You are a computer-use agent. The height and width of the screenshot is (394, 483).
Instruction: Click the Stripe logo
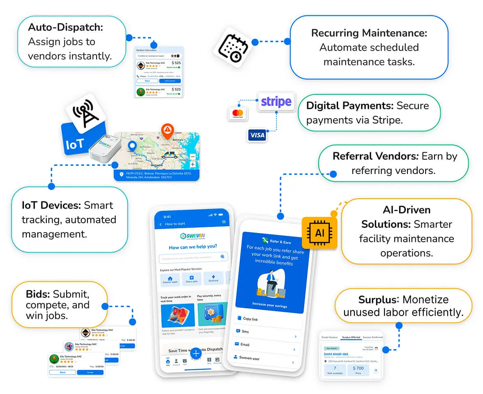click(x=276, y=101)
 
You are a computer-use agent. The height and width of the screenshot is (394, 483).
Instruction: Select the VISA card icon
click(x=257, y=135)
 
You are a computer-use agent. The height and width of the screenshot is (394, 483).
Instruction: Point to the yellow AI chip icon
click(x=319, y=233)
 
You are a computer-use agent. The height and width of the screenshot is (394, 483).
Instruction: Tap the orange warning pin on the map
click(x=167, y=131)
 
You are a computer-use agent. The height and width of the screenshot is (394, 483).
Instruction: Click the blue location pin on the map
click(x=132, y=147)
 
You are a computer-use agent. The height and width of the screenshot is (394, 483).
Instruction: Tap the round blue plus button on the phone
click(x=195, y=353)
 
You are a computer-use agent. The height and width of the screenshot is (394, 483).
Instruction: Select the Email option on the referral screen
click(x=245, y=344)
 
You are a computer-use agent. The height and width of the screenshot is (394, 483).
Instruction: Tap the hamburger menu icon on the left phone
click(x=224, y=222)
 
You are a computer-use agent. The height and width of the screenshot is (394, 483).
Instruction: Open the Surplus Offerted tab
click(x=351, y=337)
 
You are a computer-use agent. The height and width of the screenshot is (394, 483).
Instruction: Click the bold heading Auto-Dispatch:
click(x=65, y=27)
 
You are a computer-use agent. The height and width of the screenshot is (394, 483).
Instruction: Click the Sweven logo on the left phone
click(x=193, y=236)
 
